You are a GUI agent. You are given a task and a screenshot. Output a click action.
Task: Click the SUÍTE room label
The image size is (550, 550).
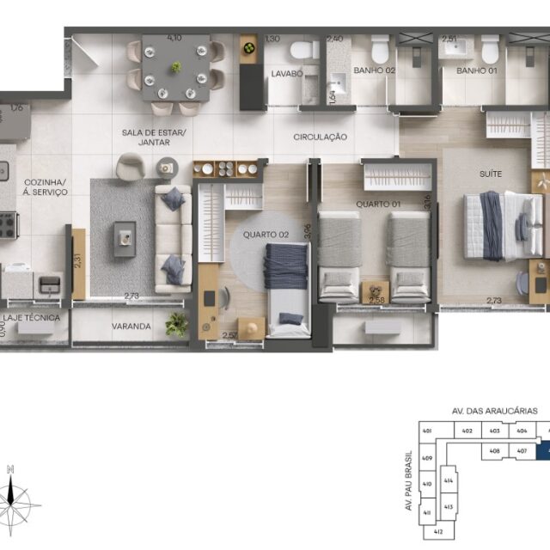(x=491, y=174)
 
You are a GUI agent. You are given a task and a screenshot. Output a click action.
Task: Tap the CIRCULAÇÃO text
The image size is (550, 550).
(x=320, y=137)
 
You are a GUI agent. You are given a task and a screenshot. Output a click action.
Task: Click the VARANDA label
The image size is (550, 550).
(x=131, y=327)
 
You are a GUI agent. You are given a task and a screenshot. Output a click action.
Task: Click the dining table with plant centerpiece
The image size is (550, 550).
(x=175, y=67)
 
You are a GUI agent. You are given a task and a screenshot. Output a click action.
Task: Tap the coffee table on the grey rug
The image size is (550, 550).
(x=125, y=237)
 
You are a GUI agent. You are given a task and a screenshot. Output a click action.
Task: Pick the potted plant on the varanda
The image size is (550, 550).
(x=177, y=322)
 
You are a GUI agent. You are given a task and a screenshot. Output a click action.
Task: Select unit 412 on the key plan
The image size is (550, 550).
(x=437, y=533)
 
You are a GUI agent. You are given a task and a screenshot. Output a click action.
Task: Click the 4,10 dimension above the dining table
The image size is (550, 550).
(x=174, y=39)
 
